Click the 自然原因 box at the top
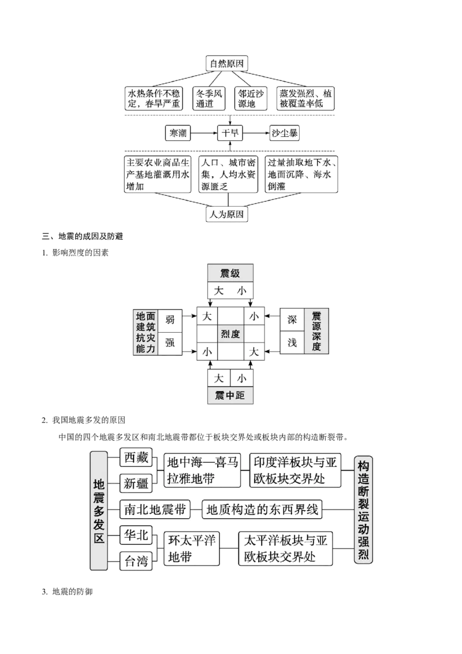click(227, 64)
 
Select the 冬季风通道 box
click(209, 98)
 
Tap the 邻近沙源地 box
click(251, 98)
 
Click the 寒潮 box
click(178, 133)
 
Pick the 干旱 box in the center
click(230, 133)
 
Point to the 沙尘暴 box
click(284, 133)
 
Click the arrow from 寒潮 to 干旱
click(204, 133)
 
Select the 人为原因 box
click(226, 214)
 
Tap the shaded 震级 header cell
click(230, 273)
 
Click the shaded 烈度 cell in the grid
click(230, 334)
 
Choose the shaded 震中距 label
click(230, 395)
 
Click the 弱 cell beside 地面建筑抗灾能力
click(170, 320)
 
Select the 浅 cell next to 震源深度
click(292, 343)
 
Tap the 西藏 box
click(136, 458)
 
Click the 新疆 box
click(136, 484)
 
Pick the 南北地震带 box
click(155, 509)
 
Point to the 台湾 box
click(136, 561)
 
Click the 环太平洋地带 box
click(191, 548)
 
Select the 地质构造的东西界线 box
click(262, 509)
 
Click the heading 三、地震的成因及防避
click(83, 236)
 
